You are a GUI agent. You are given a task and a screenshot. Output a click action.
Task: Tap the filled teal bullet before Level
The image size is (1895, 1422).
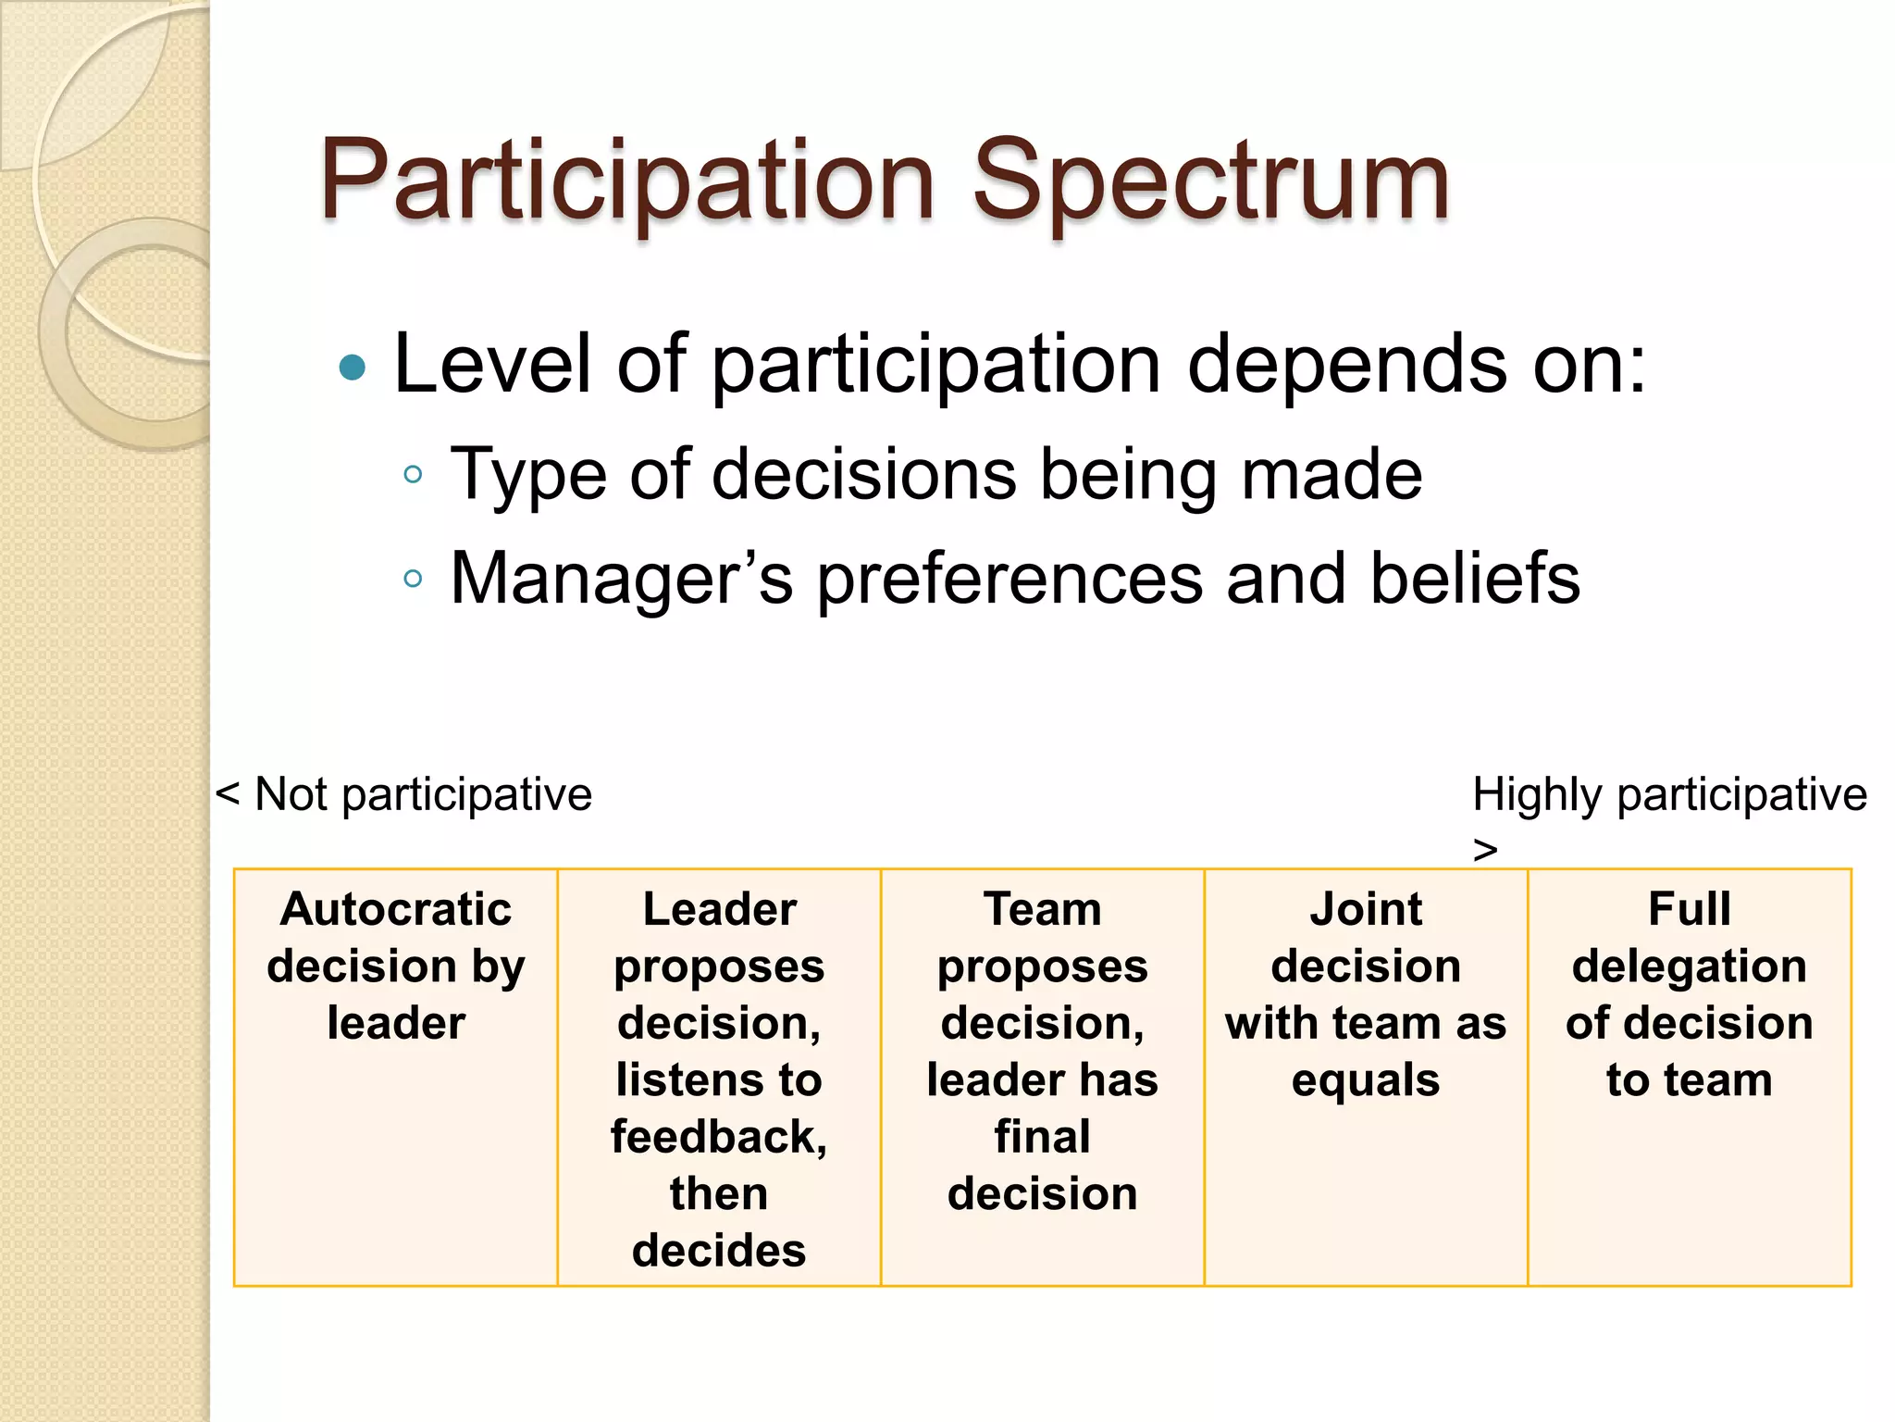[x=353, y=368]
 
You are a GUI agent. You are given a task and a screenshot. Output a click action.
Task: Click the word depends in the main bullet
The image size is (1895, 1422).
[x=1347, y=365]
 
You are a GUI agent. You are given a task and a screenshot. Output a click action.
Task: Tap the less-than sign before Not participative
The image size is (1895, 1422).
[x=228, y=794]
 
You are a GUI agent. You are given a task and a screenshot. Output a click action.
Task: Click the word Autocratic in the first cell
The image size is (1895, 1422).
[x=396, y=909]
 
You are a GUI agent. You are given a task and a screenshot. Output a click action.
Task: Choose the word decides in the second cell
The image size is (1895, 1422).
[x=719, y=1251]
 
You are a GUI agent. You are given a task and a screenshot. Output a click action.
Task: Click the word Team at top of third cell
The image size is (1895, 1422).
[x=1043, y=909]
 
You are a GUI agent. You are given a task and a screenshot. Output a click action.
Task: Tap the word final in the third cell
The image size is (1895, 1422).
[x=1043, y=1137]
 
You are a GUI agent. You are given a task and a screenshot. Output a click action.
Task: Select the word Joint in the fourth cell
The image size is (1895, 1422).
[x=1366, y=909]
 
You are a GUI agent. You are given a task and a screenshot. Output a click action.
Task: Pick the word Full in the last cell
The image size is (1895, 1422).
[x=1690, y=909]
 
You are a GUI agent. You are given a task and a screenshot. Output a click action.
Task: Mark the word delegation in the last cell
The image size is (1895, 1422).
[x=1690, y=967]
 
